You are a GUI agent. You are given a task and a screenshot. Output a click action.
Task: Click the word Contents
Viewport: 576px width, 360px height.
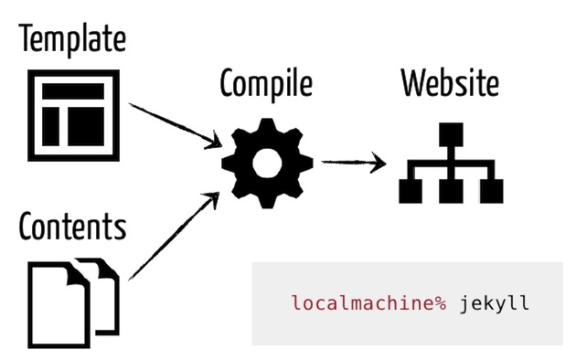tap(71, 226)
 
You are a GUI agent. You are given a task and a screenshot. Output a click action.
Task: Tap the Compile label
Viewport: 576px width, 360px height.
tap(266, 84)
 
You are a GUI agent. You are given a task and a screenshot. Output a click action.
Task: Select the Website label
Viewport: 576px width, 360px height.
tap(451, 84)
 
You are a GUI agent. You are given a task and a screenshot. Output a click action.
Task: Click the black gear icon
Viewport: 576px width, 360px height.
tap(267, 163)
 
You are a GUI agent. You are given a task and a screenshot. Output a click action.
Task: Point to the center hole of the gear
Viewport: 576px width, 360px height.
tap(267, 163)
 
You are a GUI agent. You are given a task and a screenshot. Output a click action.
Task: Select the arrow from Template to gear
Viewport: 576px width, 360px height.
tap(174, 123)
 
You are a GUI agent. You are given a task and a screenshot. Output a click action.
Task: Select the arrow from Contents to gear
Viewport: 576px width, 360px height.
tap(174, 236)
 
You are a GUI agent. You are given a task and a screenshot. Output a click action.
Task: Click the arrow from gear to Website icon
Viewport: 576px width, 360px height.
tap(352, 164)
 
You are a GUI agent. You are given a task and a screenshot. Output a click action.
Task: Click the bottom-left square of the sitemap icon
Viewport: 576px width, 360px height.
tap(411, 191)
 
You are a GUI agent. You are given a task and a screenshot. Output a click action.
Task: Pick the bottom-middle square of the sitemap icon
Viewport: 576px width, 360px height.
tap(452, 191)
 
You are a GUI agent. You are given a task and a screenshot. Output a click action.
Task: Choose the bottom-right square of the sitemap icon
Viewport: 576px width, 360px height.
tap(492, 191)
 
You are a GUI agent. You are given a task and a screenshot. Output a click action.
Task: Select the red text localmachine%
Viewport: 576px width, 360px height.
tap(368, 302)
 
